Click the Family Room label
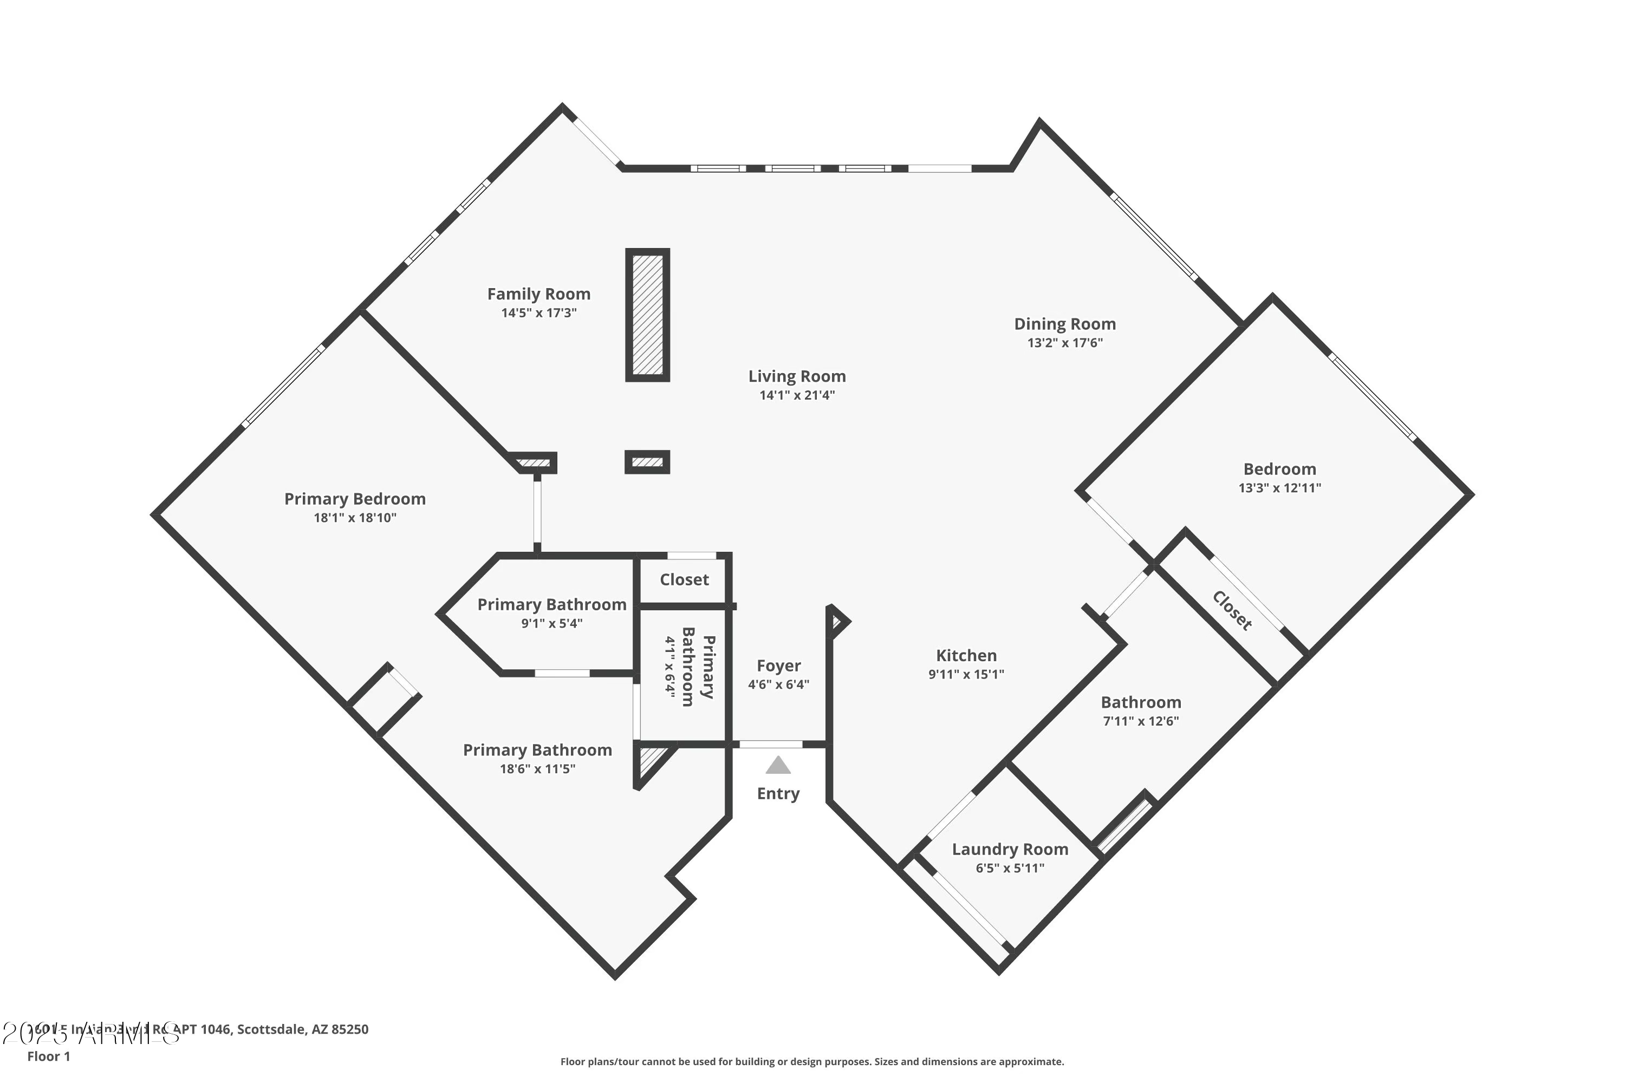[x=538, y=294]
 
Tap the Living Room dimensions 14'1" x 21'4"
[x=797, y=395]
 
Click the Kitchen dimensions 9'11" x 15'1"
[x=965, y=674]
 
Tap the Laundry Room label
[x=1010, y=850]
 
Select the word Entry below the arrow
[x=778, y=794]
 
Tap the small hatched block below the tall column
[x=647, y=462]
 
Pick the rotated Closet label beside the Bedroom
[x=1231, y=611]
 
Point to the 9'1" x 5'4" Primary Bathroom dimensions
[x=551, y=624]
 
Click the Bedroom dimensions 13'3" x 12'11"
[x=1279, y=488]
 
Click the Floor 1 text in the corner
[x=48, y=1056]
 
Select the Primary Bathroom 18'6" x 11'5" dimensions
[x=537, y=769]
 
